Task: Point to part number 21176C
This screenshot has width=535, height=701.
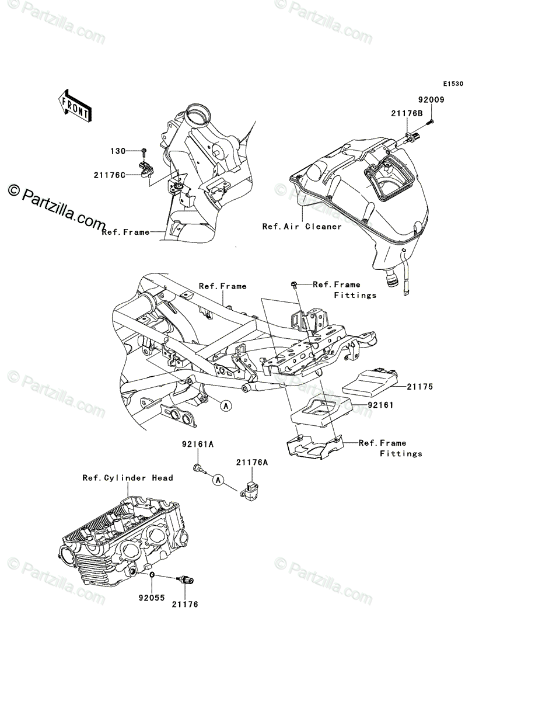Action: (109, 173)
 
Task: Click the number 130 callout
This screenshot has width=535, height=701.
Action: (118, 151)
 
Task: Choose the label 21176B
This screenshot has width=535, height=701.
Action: (407, 114)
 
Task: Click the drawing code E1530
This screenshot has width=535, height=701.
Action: (452, 84)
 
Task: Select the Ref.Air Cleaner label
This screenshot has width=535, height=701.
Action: (302, 226)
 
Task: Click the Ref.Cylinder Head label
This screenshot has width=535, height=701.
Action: (128, 478)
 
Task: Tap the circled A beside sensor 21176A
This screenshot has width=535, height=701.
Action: (218, 480)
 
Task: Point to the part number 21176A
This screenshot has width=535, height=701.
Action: (252, 462)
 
